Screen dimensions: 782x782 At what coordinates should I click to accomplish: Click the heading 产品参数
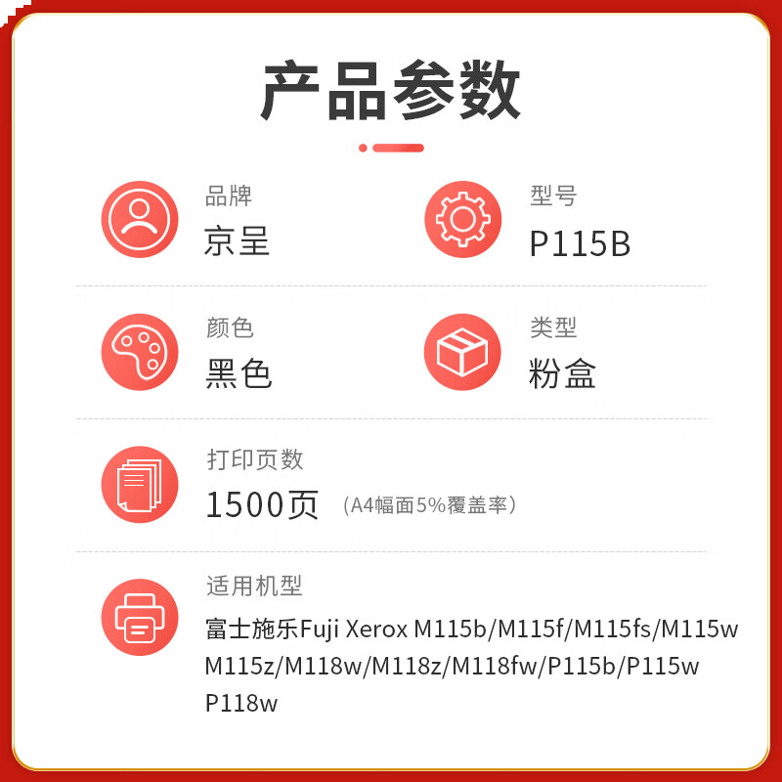click(391, 91)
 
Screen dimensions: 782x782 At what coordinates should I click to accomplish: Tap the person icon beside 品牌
click(140, 220)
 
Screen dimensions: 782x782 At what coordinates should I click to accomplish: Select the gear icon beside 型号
click(462, 220)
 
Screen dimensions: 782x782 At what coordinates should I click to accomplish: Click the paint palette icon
click(140, 352)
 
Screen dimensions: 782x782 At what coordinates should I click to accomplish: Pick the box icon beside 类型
click(462, 352)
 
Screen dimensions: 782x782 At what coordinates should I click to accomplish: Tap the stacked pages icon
click(140, 484)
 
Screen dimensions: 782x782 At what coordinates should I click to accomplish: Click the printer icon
click(140, 617)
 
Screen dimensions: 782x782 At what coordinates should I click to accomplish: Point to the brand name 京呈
click(237, 241)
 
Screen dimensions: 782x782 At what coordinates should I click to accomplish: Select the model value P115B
click(580, 243)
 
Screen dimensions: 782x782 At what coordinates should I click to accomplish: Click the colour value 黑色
click(239, 373)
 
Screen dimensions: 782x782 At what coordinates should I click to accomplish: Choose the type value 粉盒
click(562, 373)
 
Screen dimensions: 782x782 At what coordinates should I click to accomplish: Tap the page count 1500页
click(262, 504)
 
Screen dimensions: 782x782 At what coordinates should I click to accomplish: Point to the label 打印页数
click(255, 458)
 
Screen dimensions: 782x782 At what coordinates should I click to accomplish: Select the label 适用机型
click(254, 586)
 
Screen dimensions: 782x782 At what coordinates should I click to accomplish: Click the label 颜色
click(230, 327)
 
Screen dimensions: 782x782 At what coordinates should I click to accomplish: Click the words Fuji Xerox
click(354, 628)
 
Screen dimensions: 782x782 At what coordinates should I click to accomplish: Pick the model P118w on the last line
click(241, 703)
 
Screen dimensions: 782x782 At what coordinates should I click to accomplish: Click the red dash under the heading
click(398, 148)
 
